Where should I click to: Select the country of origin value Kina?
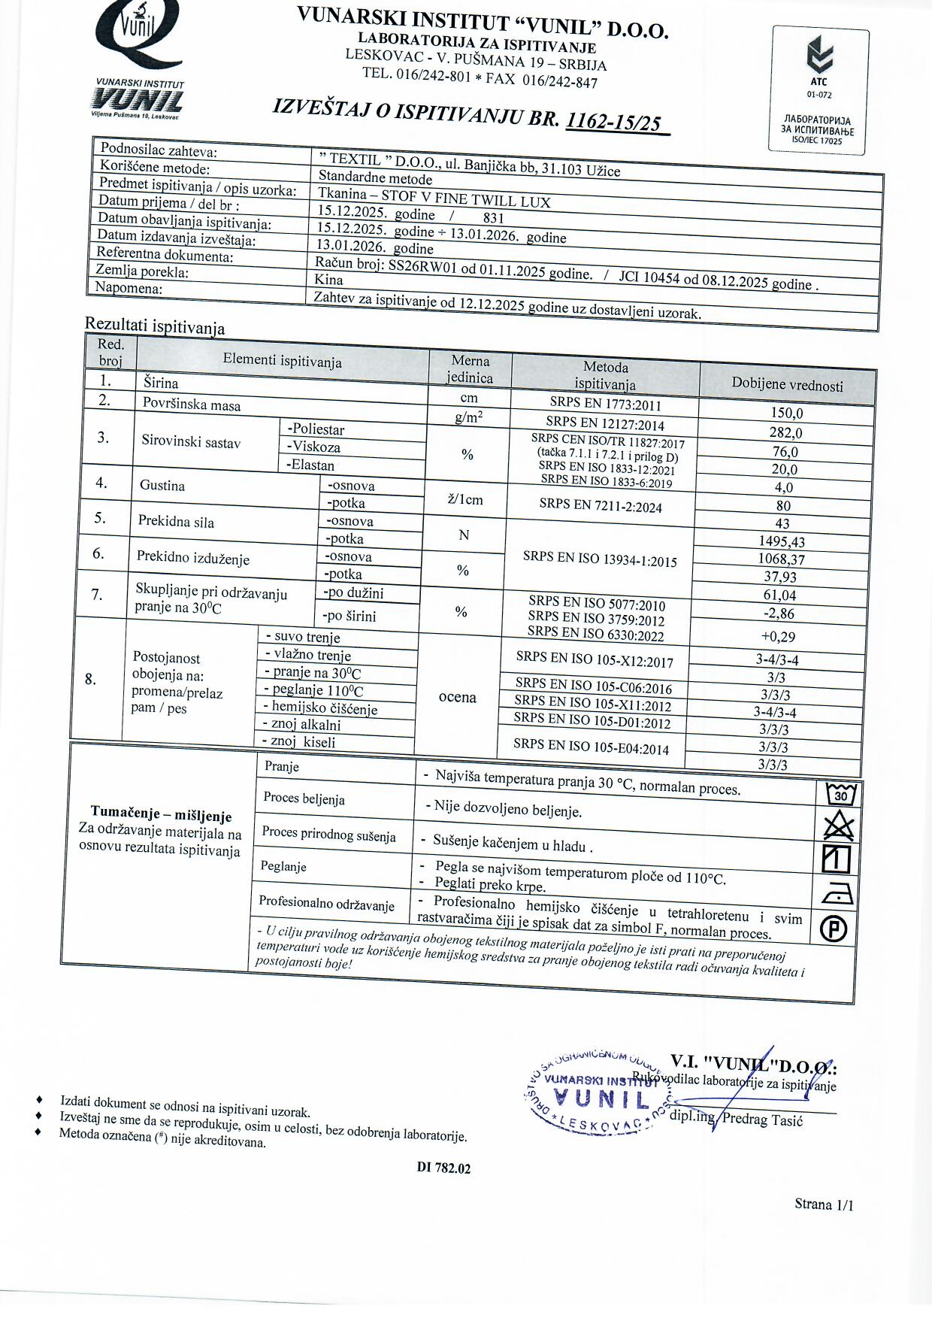329,280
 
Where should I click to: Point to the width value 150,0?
786,413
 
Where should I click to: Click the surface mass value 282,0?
785,432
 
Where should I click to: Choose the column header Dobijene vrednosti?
787,385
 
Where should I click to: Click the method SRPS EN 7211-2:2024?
601,505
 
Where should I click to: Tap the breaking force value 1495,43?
782,541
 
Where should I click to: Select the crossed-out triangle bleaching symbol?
838,826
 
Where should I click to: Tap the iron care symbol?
837,895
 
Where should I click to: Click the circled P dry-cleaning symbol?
834,929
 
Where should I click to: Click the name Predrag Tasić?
762,1120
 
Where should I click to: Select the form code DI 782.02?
443,1168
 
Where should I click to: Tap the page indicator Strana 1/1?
823,1204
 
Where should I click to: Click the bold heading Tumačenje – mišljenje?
161,814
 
